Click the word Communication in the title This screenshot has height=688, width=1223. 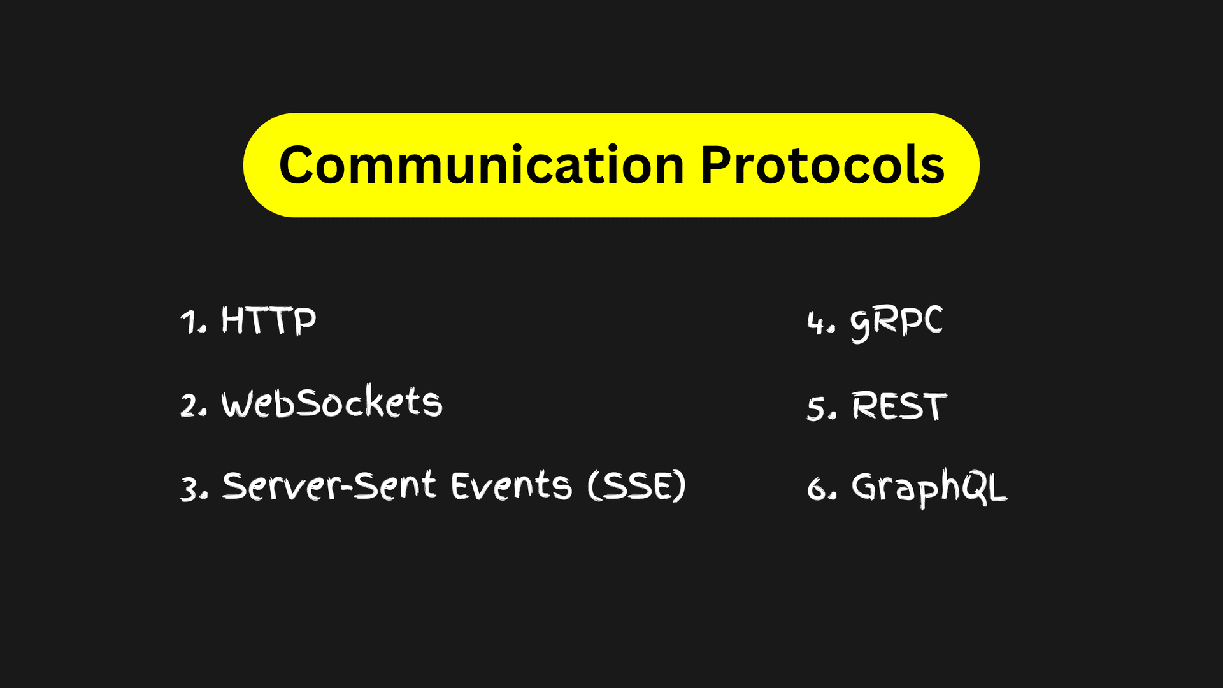pyautogui.click(x=481, y=166)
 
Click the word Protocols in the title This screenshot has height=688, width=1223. pyautogui.click(x=822, y=166)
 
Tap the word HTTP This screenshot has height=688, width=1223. pyautogui.click(x=268, y=320)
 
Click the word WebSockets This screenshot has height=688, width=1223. pyautogui.click(x=331, y=403)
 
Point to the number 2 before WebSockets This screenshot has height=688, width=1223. pyautogui.click(x=190, y=406)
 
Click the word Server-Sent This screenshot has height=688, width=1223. pyautogui.click(x=329, y=486)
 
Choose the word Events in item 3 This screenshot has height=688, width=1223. pyautogui.click(x=511, y=486)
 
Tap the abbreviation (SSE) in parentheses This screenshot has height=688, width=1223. pyautogui.click(x=636, y=486)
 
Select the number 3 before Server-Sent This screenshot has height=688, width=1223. pyautogui.click(x=190, y=489)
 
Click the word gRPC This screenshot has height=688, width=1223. pyautogui.click(x=896, y=322)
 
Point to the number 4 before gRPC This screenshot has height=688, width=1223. pyautogui.click(x=816, y=323)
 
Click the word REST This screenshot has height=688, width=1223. pyautogui.click(x=899, y=406)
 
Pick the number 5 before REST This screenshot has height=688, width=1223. pyautogui.click(x=816, y=408)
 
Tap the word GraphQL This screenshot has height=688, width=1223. pyautogui.click(x=929, y=488)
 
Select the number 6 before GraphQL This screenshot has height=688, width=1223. pyautogui.click(x=817, y=489)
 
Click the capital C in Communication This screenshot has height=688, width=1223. pyautogui.click(x=299, y=166)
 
